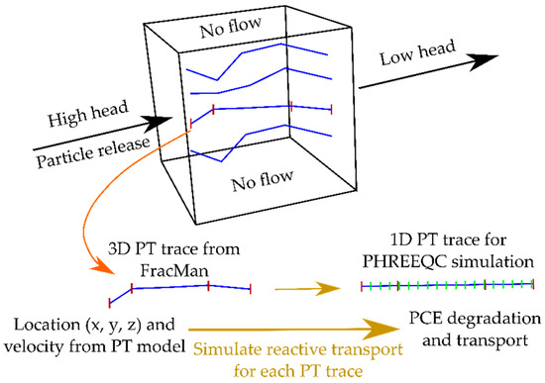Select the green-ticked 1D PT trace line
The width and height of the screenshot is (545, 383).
(447, 286)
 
